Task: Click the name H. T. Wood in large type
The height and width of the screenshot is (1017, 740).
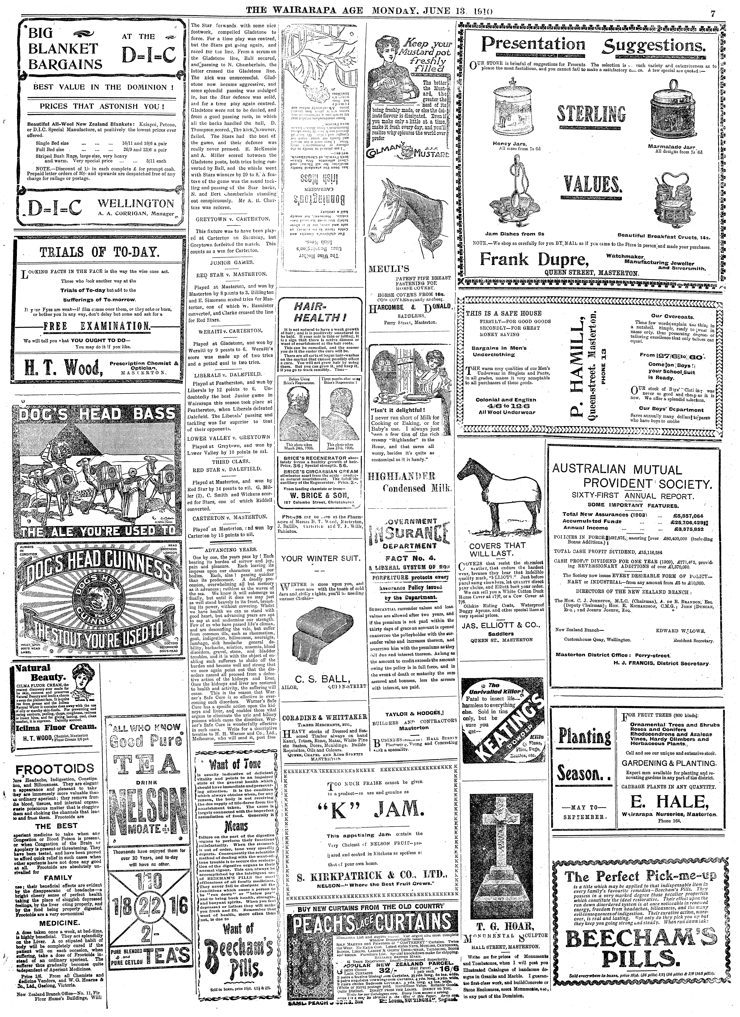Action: [62, 369]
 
